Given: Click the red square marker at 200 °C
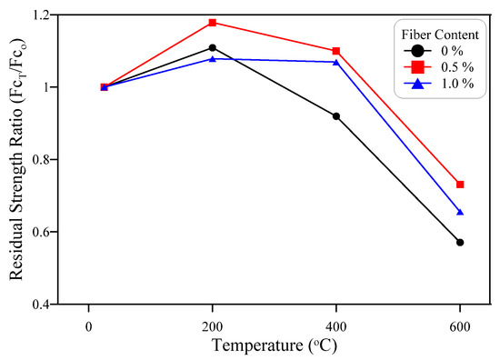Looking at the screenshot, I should (212, 22).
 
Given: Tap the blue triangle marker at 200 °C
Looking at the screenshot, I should (212, 59).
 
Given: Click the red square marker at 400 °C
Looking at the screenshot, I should (336, 51).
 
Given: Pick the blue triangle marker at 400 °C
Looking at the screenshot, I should (336, 62).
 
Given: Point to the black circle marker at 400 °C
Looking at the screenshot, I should (336, 115).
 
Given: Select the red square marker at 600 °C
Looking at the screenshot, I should (460, 185).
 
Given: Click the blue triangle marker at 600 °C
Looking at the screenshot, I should (460, 212).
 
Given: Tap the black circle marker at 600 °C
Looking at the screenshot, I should (460, 242).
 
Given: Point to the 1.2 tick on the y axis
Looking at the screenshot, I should (44, 15).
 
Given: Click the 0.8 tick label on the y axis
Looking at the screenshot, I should (44, 160).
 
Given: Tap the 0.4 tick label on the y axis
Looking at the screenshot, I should (44, 305).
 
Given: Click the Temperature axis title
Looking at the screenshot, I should (274, 345).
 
